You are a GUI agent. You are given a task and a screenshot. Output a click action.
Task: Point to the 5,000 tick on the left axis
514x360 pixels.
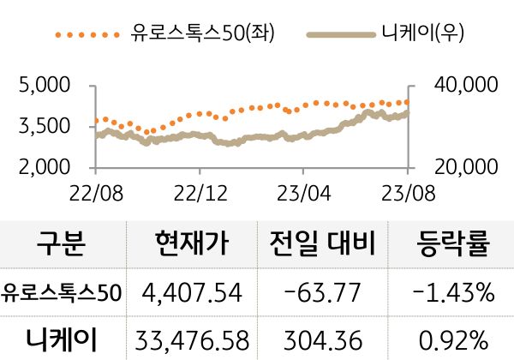(x=43, y=86)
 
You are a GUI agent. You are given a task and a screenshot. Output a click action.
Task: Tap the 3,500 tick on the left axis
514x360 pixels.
(x=43, y=126)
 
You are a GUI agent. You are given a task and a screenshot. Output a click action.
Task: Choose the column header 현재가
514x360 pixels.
(x=193, y=244)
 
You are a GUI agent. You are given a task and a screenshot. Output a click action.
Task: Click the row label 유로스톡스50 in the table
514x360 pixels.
(x=62, y=293)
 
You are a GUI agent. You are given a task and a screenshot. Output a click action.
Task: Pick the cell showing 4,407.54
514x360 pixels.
(x=193, y=293)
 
